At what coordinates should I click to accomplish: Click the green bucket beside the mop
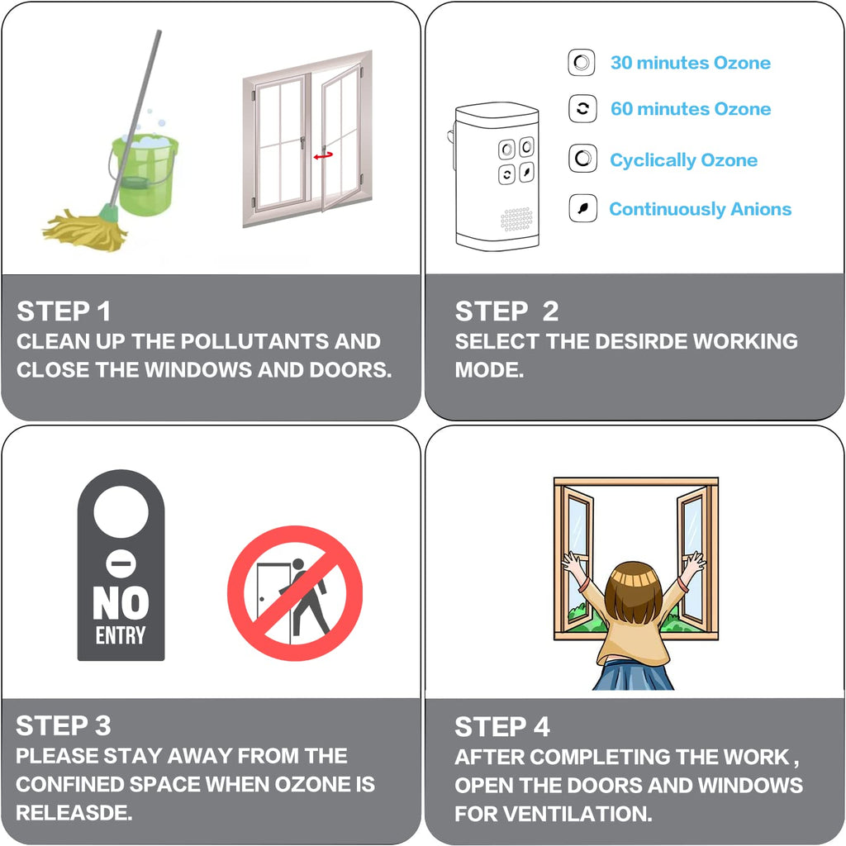click(145, 173)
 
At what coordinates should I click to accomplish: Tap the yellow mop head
click(85, 230)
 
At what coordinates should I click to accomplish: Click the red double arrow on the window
click(323, 155)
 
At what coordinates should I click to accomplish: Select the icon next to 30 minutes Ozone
click(582, 63)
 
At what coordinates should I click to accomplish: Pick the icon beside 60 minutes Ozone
click(582, 109)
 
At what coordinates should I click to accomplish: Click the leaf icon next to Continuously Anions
click(582, 208)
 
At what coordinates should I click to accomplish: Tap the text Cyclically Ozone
click(683, 160)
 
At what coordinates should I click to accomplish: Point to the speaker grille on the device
click(516, 220)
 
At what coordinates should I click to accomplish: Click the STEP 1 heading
click(64, 311)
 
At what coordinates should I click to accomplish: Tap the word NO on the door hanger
click(121, 602)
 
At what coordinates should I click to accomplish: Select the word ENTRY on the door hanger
click(121, 635)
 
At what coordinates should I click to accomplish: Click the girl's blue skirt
click(634, 675)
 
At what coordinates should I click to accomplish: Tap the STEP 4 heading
click(501, 727)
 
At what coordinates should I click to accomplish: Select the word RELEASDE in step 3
click(74, 813)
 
